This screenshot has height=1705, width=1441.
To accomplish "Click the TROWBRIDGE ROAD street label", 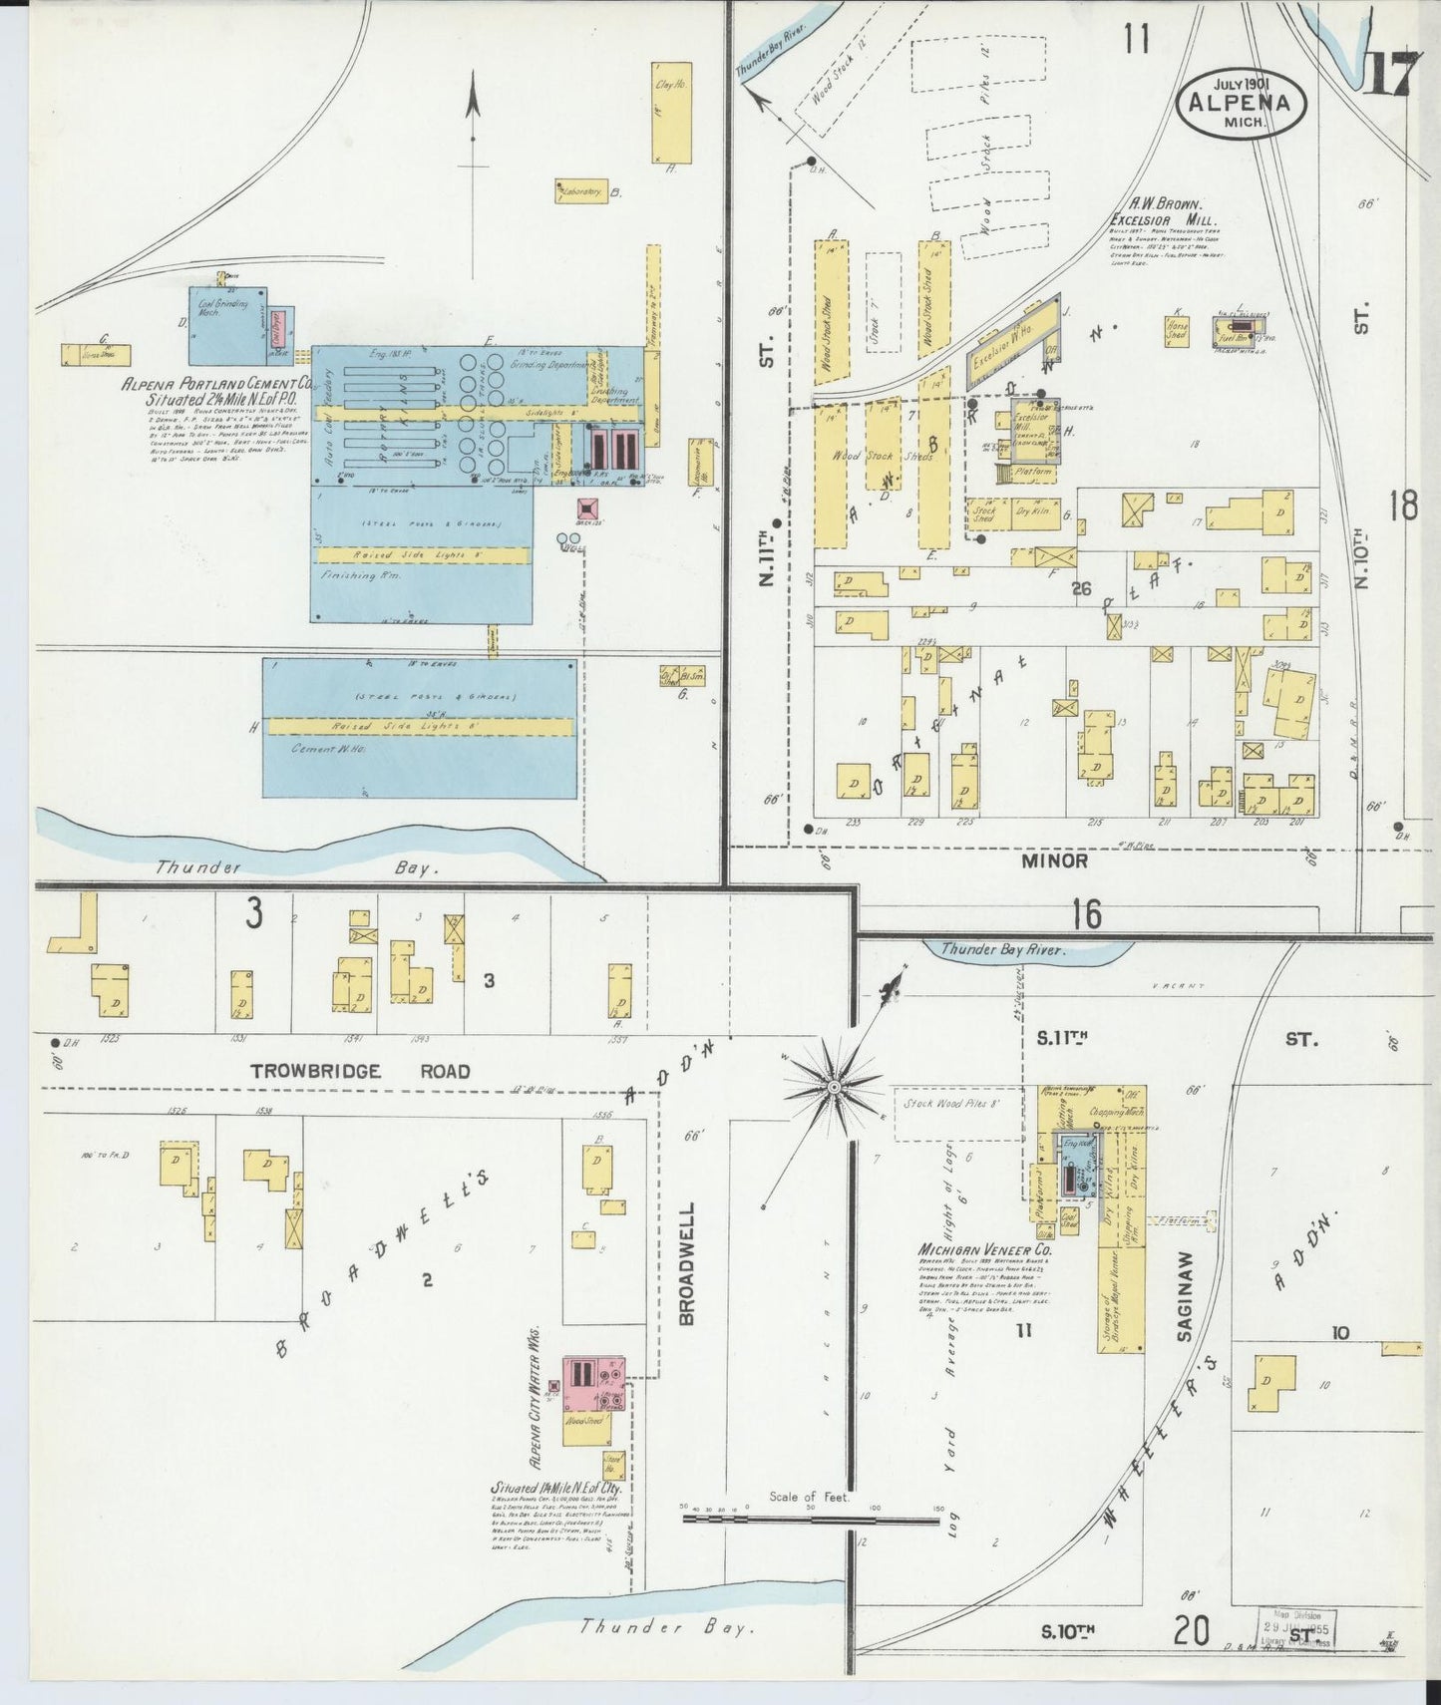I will [360, 1072].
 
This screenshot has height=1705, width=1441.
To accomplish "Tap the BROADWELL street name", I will [687, 1262].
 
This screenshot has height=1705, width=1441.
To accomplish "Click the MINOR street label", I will [1055, 859].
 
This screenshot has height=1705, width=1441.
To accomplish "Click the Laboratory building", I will [581, 191].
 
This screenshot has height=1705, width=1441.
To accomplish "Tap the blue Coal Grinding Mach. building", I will [227, 325].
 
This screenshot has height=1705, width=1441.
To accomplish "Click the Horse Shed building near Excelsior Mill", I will [1177, 331].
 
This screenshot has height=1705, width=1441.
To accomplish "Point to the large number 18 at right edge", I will [1402, 507].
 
